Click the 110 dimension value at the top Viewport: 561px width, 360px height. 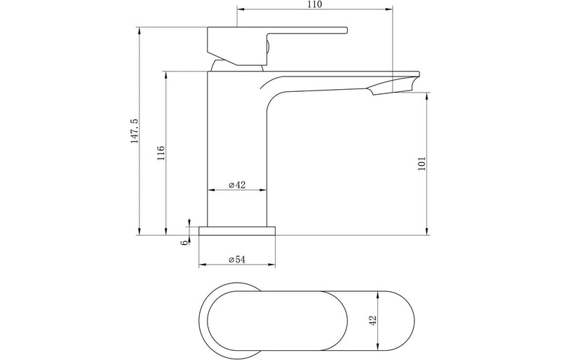coord(313,5)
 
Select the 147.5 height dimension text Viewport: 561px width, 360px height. coord(134,131)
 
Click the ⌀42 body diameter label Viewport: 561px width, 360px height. coord(237,185)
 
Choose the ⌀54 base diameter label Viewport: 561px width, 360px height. coord(236,260)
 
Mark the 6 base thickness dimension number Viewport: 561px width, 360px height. coord(183,243)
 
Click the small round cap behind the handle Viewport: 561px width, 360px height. coord(266,48)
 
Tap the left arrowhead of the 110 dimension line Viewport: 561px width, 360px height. coord(241,10)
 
